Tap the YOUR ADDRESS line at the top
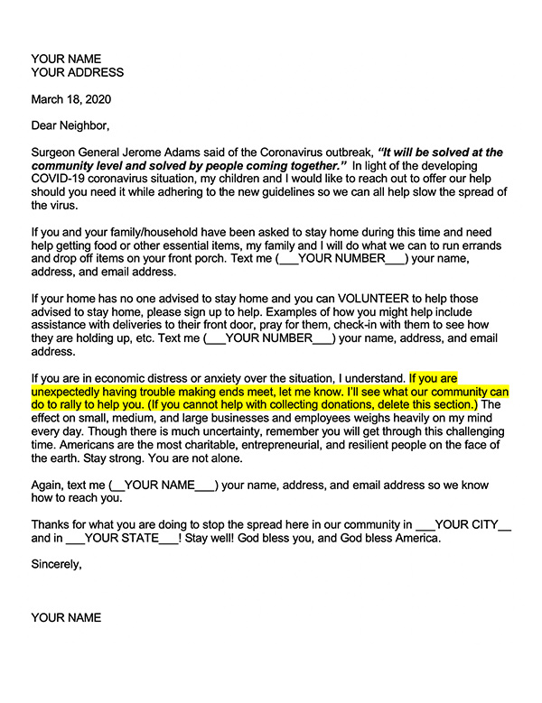(77, 72)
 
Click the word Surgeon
(58, 153)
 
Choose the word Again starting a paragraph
(49, 484)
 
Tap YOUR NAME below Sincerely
(66, 618)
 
